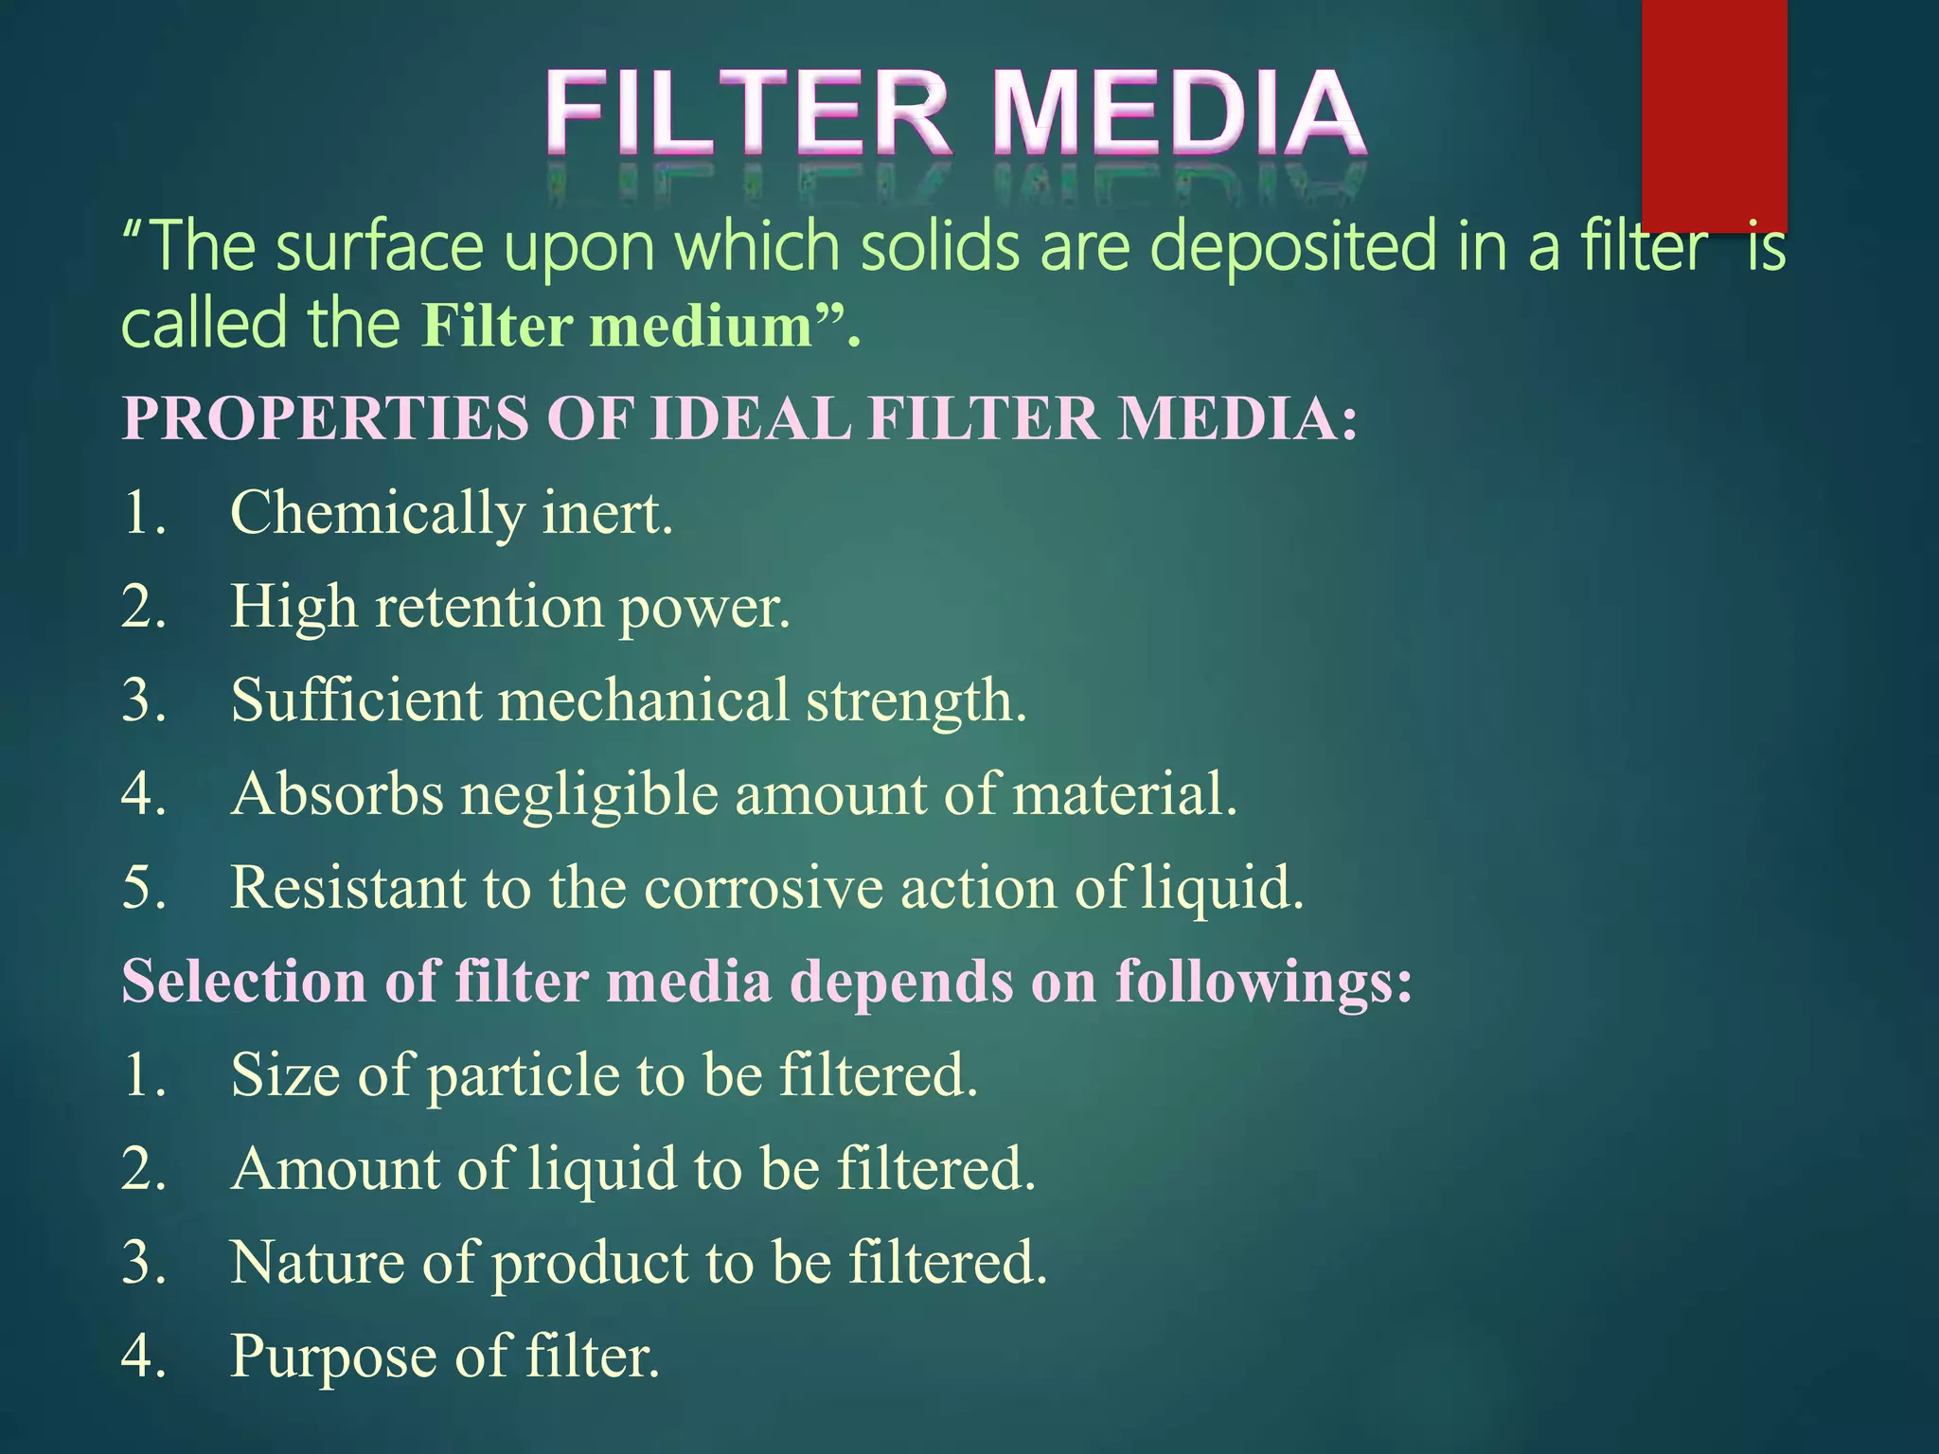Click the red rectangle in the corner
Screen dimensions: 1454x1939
pos(1714,114)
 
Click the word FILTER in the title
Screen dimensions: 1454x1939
pos(748,114)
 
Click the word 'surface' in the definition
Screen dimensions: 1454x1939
pos(380,246)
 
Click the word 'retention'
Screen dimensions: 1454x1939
pos(489,607)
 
